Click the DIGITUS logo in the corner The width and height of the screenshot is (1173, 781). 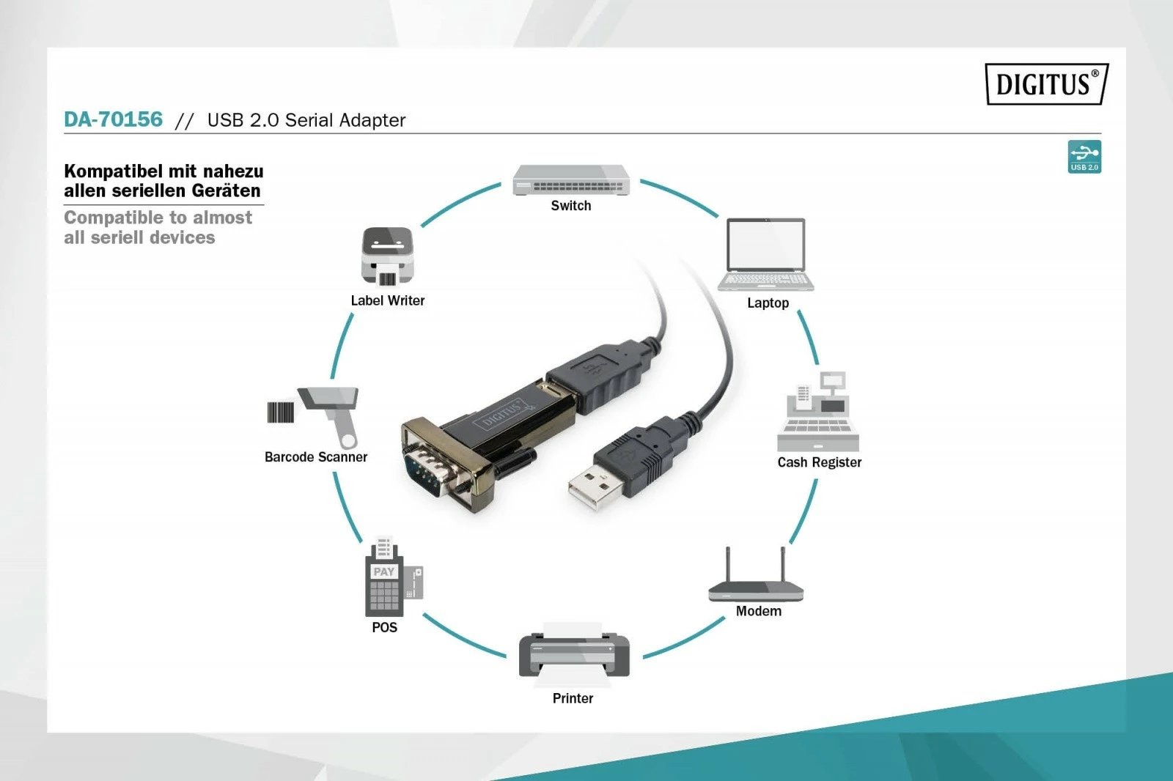tap(1046, 84)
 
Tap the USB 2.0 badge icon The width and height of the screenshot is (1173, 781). tap(1084, 157)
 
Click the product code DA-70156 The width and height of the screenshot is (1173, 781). tap(113, 119)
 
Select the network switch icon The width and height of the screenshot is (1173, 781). tap(570, 179)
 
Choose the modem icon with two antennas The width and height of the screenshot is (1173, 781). tap(756, 579)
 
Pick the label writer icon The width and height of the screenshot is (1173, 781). tap(387, 256)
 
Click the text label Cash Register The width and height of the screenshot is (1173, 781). tap(819, 462)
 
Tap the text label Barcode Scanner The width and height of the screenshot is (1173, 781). tap(315, 457)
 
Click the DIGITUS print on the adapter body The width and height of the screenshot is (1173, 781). tap(501, 414)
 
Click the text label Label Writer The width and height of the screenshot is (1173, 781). tap(387, 300)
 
